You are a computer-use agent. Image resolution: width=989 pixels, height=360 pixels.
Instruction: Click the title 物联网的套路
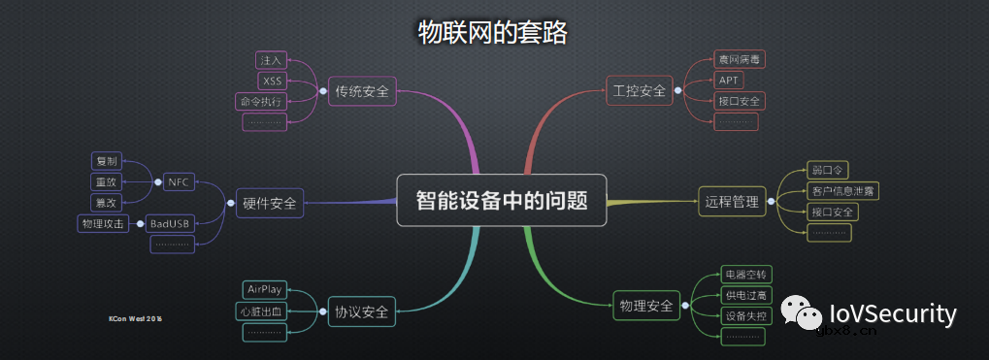pyautogui.click(x=492, y=32)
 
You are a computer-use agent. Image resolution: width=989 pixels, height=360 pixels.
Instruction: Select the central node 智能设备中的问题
pyautogui.click(x=502, y=200)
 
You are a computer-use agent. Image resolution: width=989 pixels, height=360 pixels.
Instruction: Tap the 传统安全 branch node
pyautogui.click(x=362, y=92)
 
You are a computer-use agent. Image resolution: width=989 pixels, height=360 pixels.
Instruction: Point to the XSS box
pyautogui.click(x=272, y=81)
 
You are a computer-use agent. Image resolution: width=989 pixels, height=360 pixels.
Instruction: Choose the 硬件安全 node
pyautogui.click(x=269, y=204)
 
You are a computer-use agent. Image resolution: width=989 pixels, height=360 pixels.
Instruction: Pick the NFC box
pyautogui.click(x=178, y=181)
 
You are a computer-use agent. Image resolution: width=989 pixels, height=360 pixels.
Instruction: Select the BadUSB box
pyautogui.click(x=170, y=224)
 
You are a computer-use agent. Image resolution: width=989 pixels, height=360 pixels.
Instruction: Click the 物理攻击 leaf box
pyautogui.click(x=102, y=224)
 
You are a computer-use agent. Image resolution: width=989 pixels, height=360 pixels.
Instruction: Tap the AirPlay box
pyautogui.click(x=264, y=289)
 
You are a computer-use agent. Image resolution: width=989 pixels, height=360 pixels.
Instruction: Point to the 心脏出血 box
pyautogui.click(x=262, y=311)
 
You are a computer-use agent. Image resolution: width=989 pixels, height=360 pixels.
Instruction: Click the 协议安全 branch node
pyautogui.click(x=362, y=311)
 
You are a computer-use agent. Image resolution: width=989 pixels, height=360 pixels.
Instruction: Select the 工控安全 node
pyautogui.click(x=640, y=91)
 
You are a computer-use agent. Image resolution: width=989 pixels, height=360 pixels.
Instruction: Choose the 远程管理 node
pyautogui.click(x=732, y=203)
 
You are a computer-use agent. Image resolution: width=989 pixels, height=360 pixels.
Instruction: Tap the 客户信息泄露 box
pyautogui.click(x=842, y=190)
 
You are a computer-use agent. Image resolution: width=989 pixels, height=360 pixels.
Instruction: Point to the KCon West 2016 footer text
pyautogui.click(x=135, y=318)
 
